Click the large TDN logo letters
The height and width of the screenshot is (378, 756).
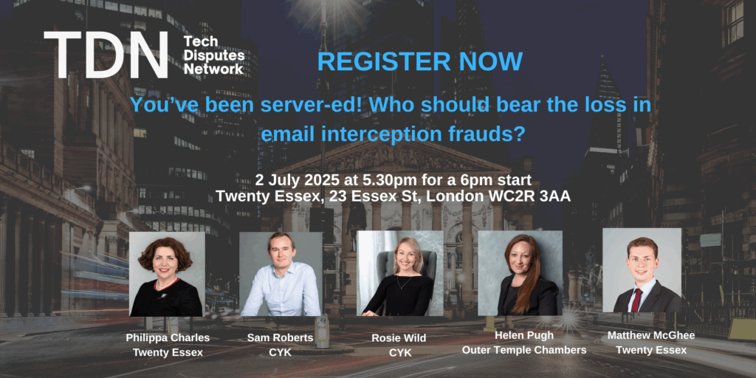[x=106, y=55]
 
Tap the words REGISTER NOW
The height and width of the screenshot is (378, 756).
[x=420, y=62]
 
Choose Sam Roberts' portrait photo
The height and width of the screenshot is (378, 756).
[x=281, y=274]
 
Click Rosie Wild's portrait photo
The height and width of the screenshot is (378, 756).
[x=399, y=273]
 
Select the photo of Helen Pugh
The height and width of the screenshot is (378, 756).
[x=520, y=273]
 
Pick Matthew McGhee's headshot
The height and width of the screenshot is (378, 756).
[x=642, y=270]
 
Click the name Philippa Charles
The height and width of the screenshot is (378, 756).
[x=168, y=338]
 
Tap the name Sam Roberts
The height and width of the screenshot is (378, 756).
[x=280, y=338]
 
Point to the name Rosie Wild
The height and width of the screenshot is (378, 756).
[x=399, y=338]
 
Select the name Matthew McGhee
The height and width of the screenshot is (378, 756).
[x=651, y=335]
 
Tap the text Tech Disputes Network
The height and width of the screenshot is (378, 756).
[x=213, y=55]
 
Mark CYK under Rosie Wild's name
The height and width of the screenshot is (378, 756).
[x=399, y=353]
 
